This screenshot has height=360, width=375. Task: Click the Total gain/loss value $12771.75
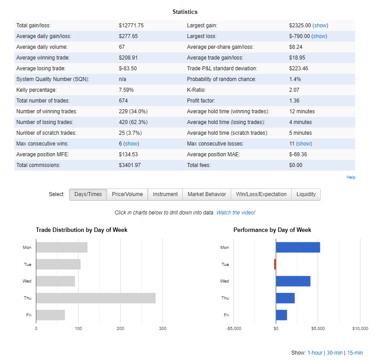pyautogui.click(x=131, y=26)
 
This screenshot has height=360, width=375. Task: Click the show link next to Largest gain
pyautogui.click(x=320, y=26)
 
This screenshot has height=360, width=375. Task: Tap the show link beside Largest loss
pyautogui.click(x=319, y=36)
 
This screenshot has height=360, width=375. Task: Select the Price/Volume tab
pyautogui.click(x=127, y=194)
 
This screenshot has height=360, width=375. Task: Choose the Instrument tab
pyautogui.click(x=165, y=194)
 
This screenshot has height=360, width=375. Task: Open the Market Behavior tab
pyautogui.click(x=207, y=194)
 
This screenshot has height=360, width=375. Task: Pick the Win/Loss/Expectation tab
pyautogui.click(x=261, y=194)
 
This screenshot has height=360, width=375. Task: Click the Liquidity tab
pyautogui.click(x=306, y=194)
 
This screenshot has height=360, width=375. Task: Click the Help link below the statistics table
pyautogui.click(x=351, y=177)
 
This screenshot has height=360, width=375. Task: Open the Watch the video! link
pyautogui.click(x=236, y=213)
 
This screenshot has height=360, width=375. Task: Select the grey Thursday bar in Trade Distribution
pyautogui.click(x=96, y=298)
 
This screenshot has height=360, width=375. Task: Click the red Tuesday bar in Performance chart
pyautogui.click(x=275, y=264)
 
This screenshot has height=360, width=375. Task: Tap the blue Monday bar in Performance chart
pyautogui.click(x=298, y=247)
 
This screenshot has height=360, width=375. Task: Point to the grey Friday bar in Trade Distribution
pyautogui.click(x=51, y=315)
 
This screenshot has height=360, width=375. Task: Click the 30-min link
pyautogui.click(x=335, y=352)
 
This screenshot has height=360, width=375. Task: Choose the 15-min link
pyautogui.click(x=355, y=352)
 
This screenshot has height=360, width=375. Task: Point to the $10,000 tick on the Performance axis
pyautogui.click(x=360, y=329)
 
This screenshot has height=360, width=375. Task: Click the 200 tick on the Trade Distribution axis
pyautogui.click(x=121, y=329)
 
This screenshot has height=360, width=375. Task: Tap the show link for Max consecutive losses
pyautogui.click(x=304, y=144)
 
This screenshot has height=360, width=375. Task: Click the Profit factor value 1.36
pyautogui.click(x=294, y=101)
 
